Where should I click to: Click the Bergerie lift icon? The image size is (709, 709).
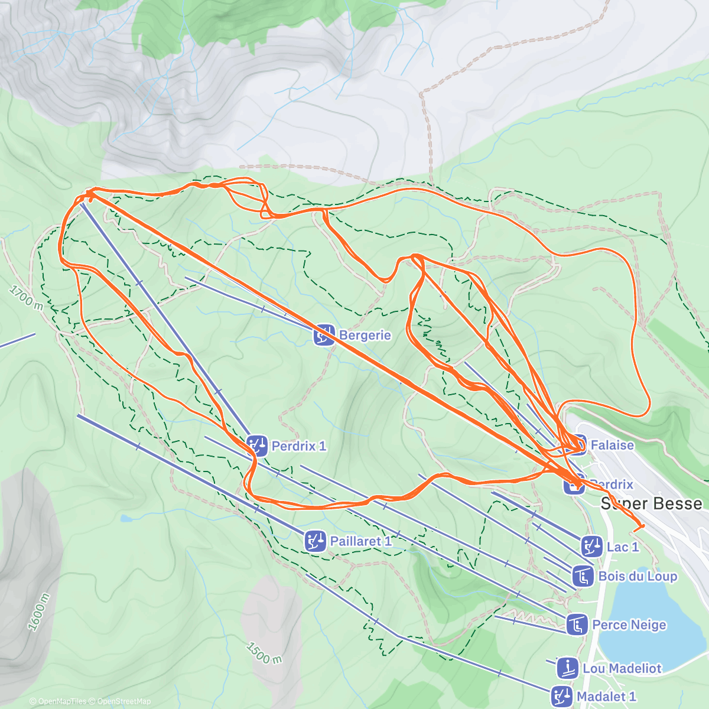click(324, 335)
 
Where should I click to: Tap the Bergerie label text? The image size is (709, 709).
click(365, 335)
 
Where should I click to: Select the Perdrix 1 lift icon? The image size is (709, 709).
click(257, 445)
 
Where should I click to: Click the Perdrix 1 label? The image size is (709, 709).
click(299, 446)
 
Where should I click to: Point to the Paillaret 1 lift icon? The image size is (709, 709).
click(316, 541)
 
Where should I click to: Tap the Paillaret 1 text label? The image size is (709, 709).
click(361, 541)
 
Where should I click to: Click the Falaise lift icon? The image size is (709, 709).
click(577, 445)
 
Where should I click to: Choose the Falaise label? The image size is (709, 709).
click(613, 445)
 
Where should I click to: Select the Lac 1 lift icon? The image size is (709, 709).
click(591, 547)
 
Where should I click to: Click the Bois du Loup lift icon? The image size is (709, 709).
click(583, 576)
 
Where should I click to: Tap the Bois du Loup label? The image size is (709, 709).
click(638, 576)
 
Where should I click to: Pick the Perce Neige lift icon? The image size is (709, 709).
click(577, 625)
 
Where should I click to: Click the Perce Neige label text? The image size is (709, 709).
click(629, 625)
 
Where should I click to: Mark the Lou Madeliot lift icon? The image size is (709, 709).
click(567, 668)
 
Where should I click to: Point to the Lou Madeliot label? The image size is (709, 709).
click(622, 668)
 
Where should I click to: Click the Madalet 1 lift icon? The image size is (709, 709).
click(561, 697)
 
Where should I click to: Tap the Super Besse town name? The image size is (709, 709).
click(652, 503)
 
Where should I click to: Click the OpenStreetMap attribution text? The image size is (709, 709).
click(123, 701)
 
